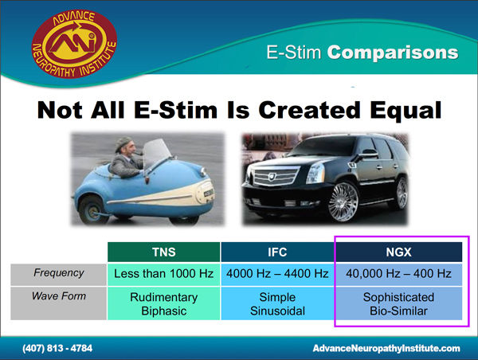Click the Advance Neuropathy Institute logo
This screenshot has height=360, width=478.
74,44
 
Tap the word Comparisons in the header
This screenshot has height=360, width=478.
393,53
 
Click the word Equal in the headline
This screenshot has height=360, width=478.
406,110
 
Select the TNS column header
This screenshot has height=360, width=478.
163,252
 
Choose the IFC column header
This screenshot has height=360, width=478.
277,252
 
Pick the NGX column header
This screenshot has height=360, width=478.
398,252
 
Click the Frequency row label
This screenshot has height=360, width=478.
58,274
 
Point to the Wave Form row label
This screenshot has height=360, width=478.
58,303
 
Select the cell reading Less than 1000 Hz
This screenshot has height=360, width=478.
163,274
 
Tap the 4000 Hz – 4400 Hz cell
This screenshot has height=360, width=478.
277,274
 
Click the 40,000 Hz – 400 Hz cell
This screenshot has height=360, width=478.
398,274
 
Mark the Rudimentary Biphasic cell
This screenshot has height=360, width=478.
163,303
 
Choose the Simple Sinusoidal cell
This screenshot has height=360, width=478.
277,303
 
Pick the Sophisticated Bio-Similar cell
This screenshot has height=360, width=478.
398,303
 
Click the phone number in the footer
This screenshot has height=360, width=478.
57,348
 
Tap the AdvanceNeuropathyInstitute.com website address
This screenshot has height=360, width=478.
386,348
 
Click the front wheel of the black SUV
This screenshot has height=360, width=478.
343,202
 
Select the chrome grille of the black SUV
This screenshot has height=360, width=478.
276,176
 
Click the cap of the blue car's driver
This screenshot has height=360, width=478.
123,143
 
